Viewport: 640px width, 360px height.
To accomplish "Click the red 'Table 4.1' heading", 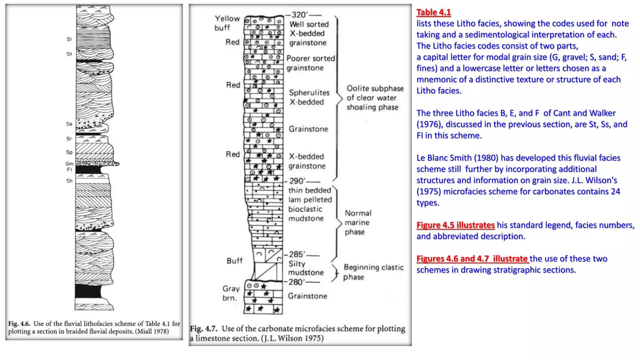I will (x=433, y=12).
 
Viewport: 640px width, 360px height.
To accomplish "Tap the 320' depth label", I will (x=299, y=15).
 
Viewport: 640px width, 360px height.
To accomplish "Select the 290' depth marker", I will (x=297, y=181).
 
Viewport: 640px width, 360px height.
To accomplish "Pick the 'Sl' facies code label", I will (x=69, y=39).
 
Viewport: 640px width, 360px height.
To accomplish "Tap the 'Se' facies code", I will (x=69, y=124).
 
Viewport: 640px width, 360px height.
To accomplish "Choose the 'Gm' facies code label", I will (x=69, y=163).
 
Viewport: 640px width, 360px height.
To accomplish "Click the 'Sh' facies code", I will (x=69, y=181).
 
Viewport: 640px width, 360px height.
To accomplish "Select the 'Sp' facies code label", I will (x=69, y=152).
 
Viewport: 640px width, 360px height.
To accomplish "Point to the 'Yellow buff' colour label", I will (x=227, y=23).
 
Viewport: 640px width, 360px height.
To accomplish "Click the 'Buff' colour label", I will (x=234, y=261).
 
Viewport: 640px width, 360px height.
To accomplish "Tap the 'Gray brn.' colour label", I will (x=231, y=293).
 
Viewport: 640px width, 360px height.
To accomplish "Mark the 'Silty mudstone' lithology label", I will (x=306, y=268).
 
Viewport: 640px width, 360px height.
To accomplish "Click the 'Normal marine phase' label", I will (x=358, y=222).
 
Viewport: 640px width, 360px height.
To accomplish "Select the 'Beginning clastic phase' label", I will (x=373, y=272).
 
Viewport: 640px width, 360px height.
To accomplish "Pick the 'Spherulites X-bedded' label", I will (x=309, y=97).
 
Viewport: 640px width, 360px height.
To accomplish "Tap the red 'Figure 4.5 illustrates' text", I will (x=455, y=225).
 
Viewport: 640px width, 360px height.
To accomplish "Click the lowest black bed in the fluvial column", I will (x=88, y=291).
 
